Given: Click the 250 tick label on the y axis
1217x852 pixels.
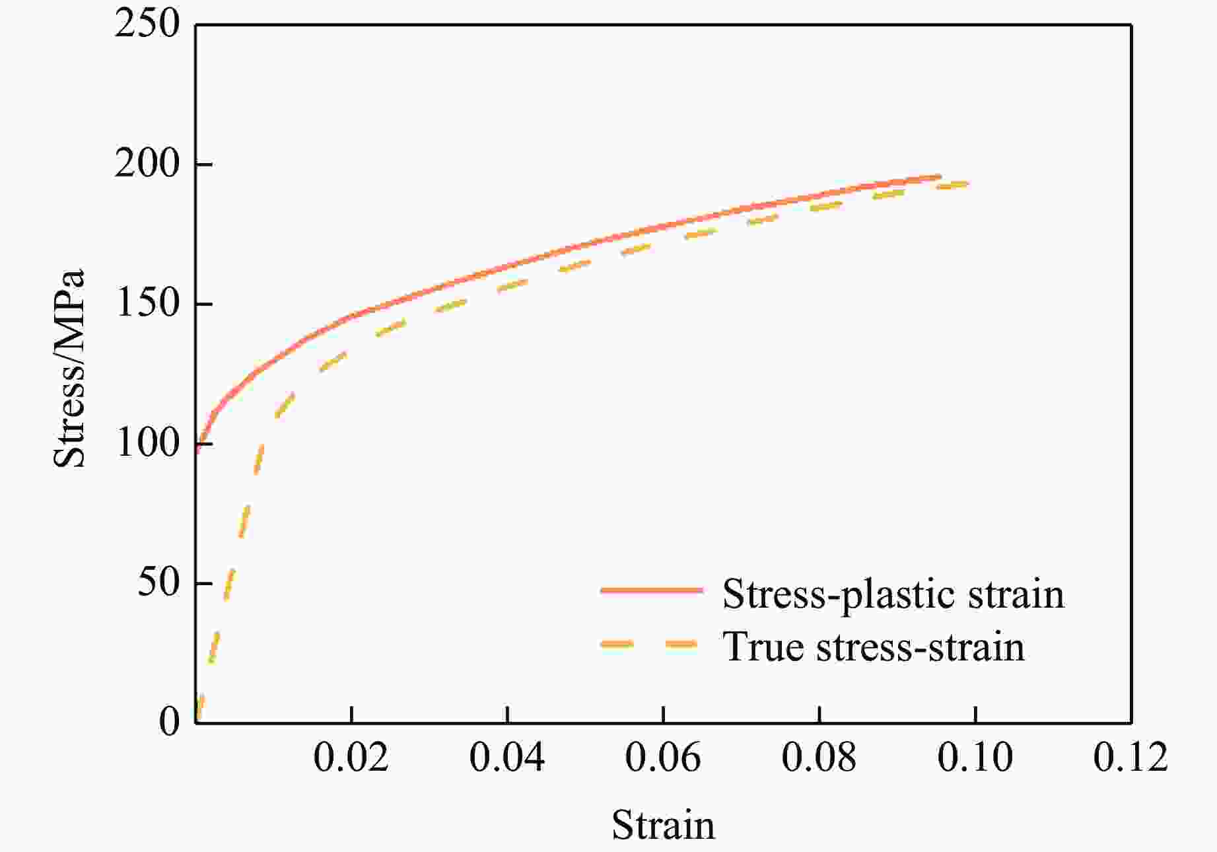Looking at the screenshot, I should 147,25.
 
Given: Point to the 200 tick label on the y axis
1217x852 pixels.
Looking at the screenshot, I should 147,164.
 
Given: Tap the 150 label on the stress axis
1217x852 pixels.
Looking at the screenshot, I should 147,304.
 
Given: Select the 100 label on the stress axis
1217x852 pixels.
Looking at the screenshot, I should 147,443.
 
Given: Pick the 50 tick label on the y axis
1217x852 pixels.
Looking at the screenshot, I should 158,583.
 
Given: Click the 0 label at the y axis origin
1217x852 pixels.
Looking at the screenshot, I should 169,723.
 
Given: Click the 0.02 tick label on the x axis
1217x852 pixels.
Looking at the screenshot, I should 351,758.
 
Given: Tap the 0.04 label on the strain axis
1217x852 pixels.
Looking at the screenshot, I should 507,758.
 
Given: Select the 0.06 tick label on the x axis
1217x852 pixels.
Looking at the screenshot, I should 663,758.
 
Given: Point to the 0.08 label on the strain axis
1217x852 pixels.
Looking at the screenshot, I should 819,758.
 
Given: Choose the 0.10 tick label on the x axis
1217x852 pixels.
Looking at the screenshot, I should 975,758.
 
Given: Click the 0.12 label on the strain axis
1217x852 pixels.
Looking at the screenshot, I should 1130,758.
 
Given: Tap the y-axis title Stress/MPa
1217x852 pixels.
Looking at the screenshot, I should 70,369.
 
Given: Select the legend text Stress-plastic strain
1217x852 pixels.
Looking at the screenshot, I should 893,594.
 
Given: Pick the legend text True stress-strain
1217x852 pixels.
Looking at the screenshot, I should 874,646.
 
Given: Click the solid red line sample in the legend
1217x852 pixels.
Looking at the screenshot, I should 652,590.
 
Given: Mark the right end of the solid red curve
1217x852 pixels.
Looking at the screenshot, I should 940,176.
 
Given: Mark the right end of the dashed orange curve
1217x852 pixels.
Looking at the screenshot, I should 968,184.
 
